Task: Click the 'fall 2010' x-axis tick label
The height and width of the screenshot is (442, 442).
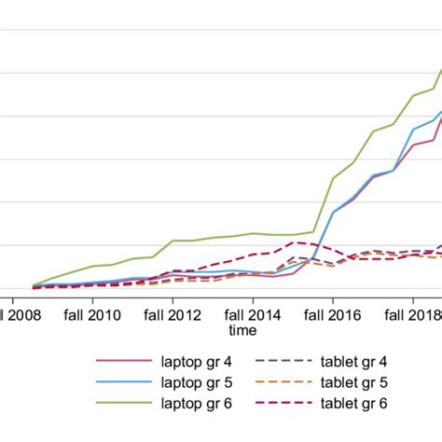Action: pyautogui.click(x=90, y=314)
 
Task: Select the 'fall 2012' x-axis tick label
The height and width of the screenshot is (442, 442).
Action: pyautogui.click(x=172, y=314)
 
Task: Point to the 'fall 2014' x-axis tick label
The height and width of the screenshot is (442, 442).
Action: pyautogui.click(x=252, y=314)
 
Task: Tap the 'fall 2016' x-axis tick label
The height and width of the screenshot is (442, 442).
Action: pyautogui.click(x=333, y=314)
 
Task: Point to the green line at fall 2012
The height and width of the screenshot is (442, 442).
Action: pyautogui.click(x=173, y=241)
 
